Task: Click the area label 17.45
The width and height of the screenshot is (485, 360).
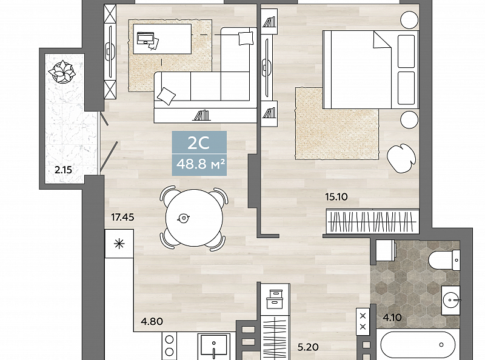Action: pyautogui.click(x=123, y=218)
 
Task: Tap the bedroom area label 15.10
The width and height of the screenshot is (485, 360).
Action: pyautogui.click(x=336, y=197)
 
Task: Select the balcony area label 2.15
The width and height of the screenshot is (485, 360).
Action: pyautogui.click(x=64, y=170)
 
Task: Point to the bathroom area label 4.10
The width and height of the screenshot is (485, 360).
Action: pyautogui.click(x=392, y=318)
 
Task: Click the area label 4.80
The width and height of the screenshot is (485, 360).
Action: pyautogui.click(x=152, y=321)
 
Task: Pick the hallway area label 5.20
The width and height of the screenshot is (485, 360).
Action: pyautogui.click(x=308, y=347)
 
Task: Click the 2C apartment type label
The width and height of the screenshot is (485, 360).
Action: pyautogui.click(x=199, y=143)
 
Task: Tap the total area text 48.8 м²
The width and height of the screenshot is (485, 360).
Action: pyautogui.click(x=200, y=164)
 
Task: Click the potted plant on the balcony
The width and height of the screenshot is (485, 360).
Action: pyautogui.click(x=62, y=72)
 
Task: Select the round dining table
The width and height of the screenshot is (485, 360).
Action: pyautogui.click(x=194, y=218)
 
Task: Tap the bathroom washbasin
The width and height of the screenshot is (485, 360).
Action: pyautogui.click(x=450, y=301)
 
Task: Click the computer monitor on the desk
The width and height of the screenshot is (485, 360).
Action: pyautogui.click(x=145, y=38)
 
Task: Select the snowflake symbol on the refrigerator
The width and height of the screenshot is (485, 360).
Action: pyautogui.click(x=119, y=244)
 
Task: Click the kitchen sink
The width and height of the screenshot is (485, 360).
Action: pyautogui.click(x=214, y=347)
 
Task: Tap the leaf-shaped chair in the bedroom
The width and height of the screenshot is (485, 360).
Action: pyautogui.click(x=401, y=158)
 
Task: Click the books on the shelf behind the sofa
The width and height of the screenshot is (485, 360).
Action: pyautogui.click(x=201, y=115)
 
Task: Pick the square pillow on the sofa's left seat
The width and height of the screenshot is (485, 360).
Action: pyautogui.click(x=166, y=96)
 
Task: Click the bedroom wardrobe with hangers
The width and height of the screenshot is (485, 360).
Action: pyautogui.click(x=373, y=221)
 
